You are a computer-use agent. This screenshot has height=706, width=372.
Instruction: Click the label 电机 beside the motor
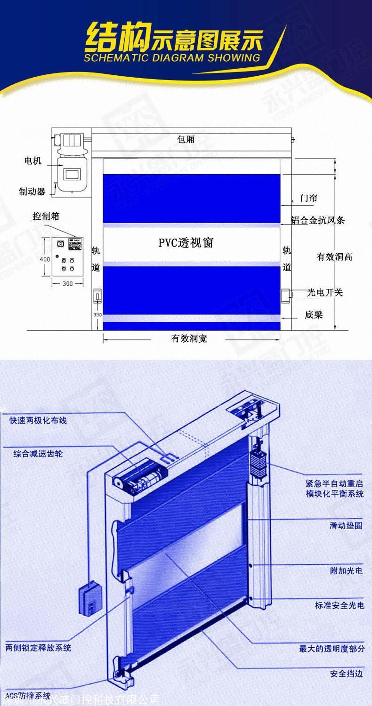click(x=33, y=161)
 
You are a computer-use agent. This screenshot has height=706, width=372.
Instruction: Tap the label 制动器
click(x=32, y=192)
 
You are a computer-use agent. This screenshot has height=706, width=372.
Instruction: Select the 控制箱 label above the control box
click(x=46, y=217)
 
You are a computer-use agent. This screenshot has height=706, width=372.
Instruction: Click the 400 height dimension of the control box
click(x=44, y=259)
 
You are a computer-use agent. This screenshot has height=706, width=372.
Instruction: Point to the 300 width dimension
click(x=67, y=283)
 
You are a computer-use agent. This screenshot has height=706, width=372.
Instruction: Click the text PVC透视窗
click(x=186, y=243)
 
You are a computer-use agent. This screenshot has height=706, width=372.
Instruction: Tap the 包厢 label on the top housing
click(x=186, y=139)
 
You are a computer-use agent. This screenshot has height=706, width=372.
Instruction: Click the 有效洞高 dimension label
click(x=334, y=257)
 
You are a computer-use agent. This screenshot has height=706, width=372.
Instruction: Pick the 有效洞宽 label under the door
click(x=189, y=338)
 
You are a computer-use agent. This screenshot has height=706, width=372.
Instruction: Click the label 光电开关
click(x=325, y=293)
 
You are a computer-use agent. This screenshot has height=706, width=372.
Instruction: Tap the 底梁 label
click(x=314, y=314)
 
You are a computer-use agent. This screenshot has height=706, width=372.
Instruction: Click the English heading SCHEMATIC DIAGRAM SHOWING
click(x=172, y=58)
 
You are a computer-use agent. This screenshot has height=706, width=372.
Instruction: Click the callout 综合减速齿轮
click(x=38, y=454)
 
